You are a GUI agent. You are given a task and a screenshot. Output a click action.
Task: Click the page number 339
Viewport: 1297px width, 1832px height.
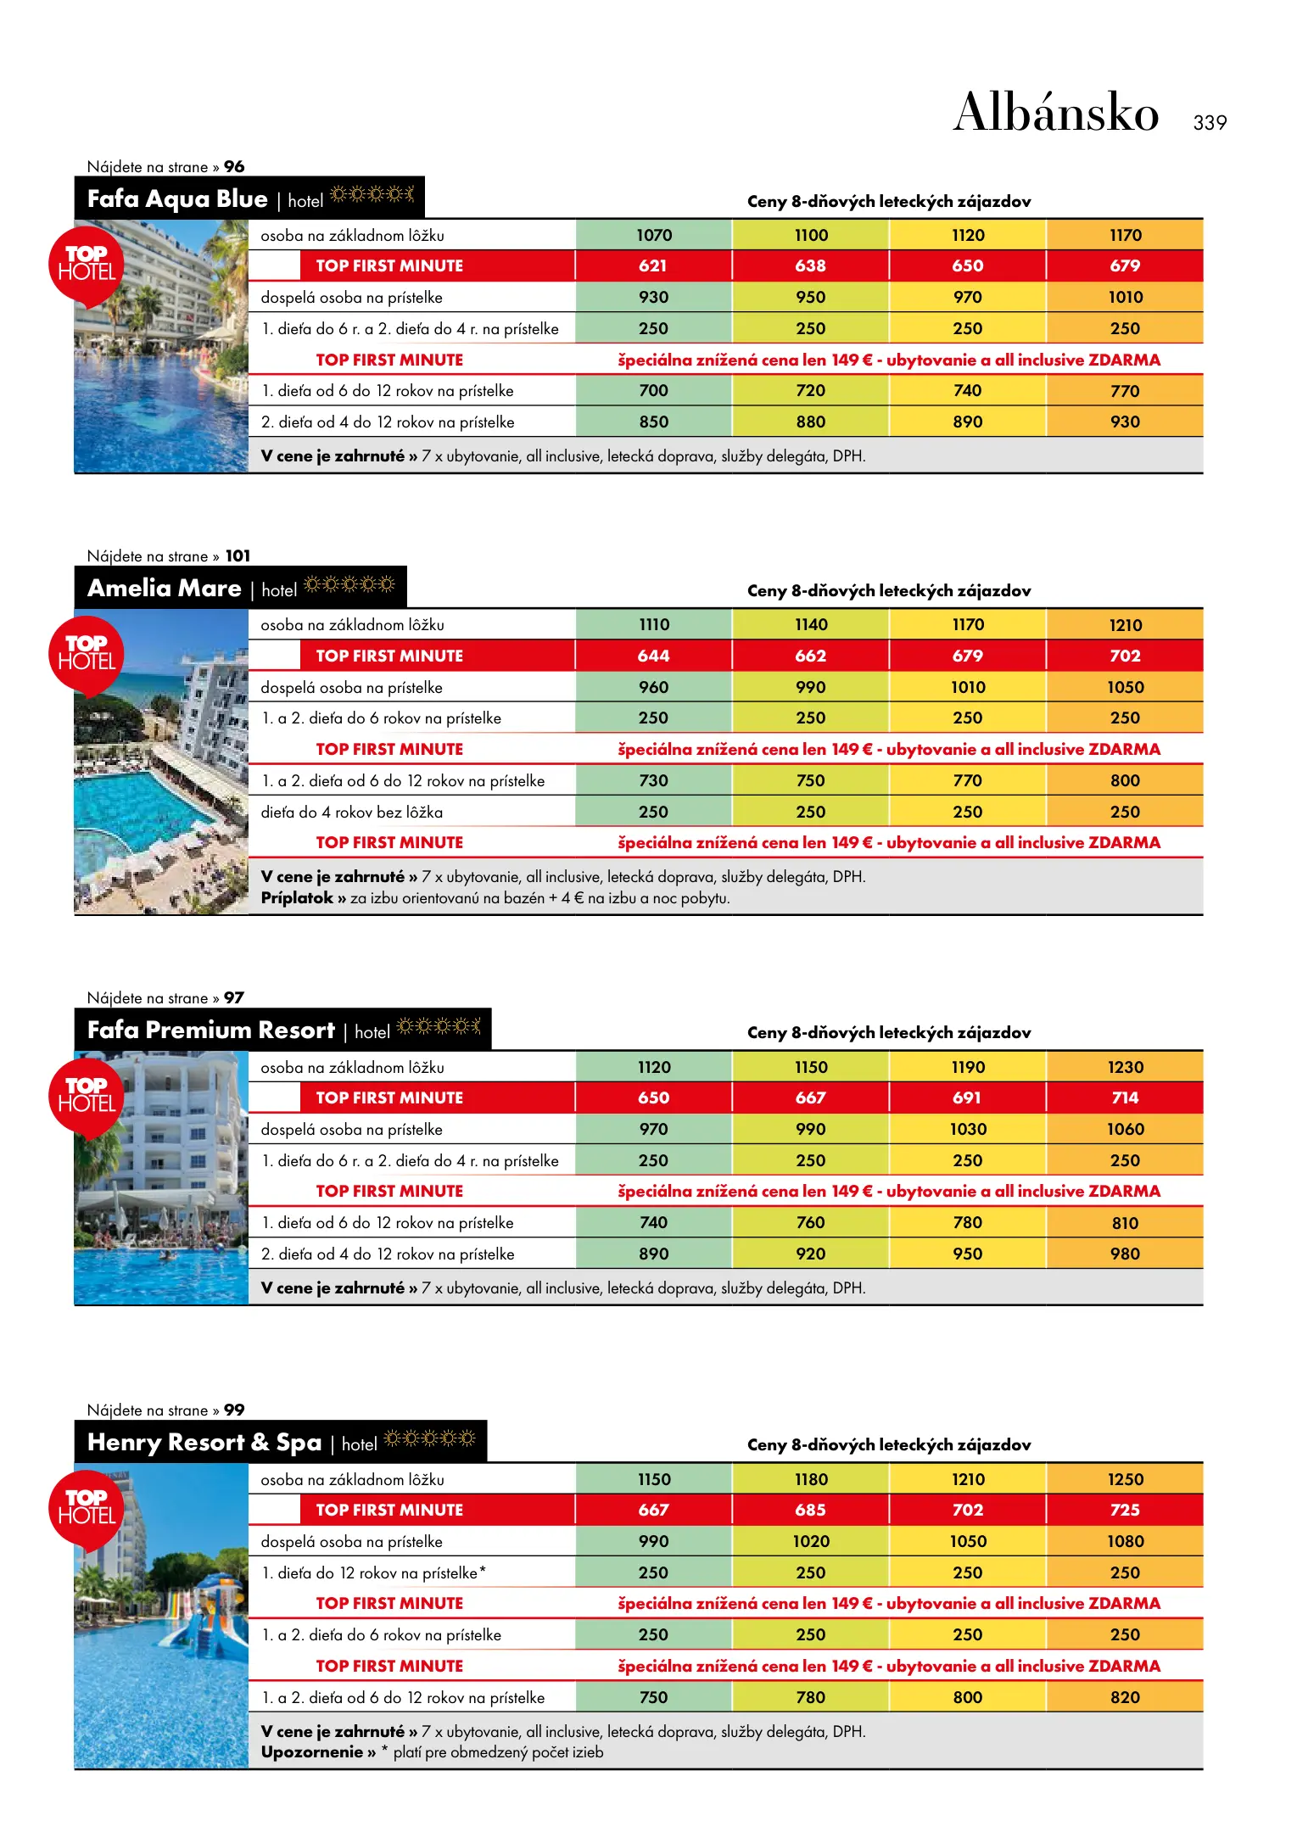point(1209,123)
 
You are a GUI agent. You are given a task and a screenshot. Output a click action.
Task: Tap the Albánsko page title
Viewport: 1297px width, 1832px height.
point(1055,113)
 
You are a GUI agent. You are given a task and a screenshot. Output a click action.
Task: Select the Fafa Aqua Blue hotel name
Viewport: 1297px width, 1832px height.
point(177,199)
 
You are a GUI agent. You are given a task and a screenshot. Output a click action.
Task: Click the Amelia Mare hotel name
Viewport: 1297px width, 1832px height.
point(165,589)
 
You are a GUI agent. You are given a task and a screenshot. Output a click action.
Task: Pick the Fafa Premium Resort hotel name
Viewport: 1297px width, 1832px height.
point(211,1030)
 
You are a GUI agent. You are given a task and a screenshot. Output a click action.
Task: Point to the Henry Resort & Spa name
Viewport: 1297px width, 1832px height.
point(204,1443)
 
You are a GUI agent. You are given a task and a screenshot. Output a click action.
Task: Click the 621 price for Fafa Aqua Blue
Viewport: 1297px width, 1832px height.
point(653,266)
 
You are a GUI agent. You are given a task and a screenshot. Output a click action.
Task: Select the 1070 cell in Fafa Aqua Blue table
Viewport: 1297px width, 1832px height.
point(653,236)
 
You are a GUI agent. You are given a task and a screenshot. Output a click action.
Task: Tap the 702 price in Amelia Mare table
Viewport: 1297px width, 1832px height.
point(1125,656)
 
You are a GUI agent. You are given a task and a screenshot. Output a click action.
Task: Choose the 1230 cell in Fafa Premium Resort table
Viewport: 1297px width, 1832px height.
point(1125,1068)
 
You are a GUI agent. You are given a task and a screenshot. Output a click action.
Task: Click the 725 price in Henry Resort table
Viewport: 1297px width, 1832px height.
point(1125,1511)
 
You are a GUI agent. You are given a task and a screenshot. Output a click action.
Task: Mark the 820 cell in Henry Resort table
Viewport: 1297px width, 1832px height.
point(1125,1698)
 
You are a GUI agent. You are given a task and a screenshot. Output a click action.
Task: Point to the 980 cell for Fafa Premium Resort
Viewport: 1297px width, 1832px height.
point(1125,1254)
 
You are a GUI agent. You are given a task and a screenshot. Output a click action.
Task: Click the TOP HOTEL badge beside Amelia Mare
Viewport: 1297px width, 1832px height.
point(87,654)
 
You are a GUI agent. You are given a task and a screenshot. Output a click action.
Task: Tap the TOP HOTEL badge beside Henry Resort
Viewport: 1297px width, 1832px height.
point(87,1508)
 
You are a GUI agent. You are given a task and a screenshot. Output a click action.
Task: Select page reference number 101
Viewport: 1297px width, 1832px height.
point(238,556)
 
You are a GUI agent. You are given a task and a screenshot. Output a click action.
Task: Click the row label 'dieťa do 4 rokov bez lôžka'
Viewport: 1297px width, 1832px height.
point(351,813)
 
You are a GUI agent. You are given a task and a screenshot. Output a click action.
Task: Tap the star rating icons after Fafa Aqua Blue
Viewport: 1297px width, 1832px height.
point(372,195)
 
